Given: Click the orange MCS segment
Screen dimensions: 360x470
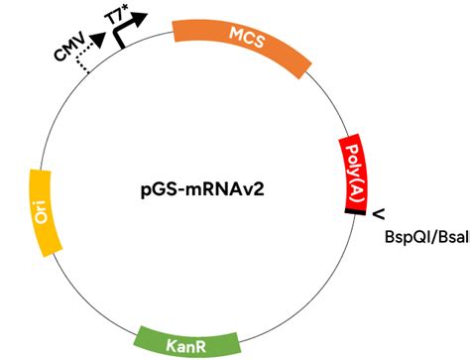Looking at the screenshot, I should click(243, 43).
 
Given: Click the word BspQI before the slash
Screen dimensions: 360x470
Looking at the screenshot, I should click(410, 237).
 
